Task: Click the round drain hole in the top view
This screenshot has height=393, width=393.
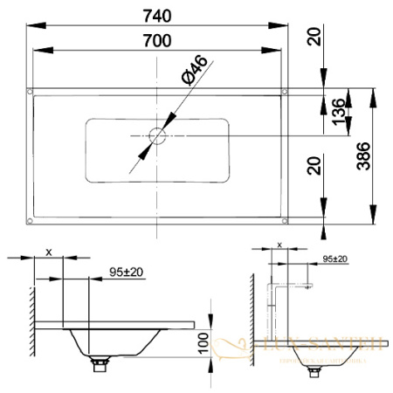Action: (x=157, y=136)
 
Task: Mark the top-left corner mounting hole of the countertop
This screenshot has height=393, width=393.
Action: (x=31, y=91)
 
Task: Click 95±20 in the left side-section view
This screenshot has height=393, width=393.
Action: (x=128, y=273)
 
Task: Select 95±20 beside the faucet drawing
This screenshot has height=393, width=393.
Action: (x=334, y=259)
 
